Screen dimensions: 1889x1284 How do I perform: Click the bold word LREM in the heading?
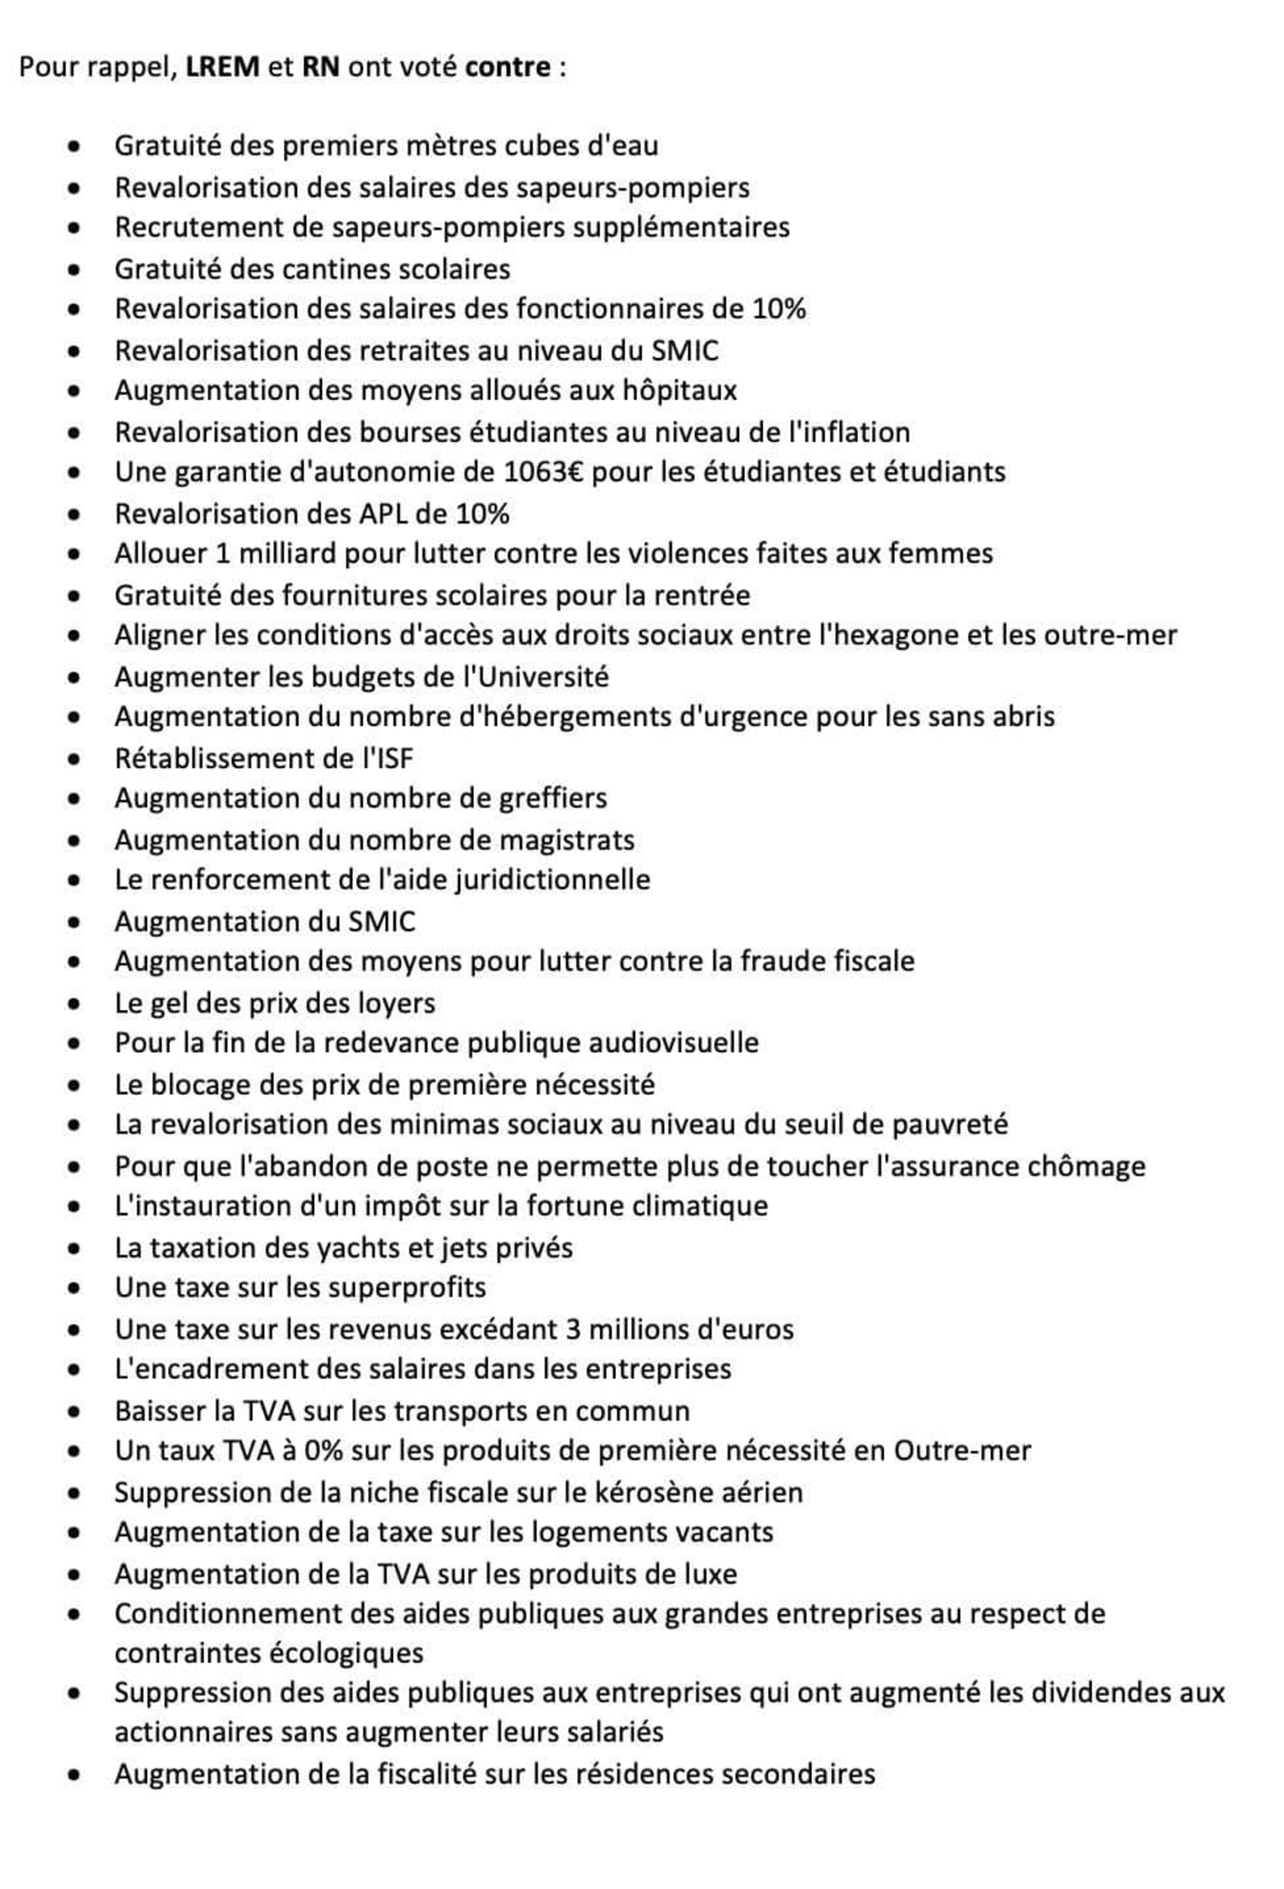click(222, 67)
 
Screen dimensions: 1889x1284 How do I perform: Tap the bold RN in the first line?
click(320, 67)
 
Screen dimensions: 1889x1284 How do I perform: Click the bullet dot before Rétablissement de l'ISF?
click(74, 759)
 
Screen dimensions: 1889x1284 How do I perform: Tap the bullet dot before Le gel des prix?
click(74, 1003)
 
